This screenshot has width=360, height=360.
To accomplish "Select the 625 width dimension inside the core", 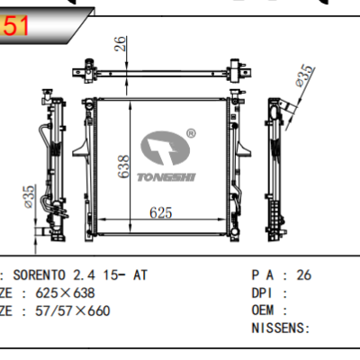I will click(x=160, y=213).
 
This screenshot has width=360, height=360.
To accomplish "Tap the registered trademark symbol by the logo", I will click(x=191, y=133).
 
